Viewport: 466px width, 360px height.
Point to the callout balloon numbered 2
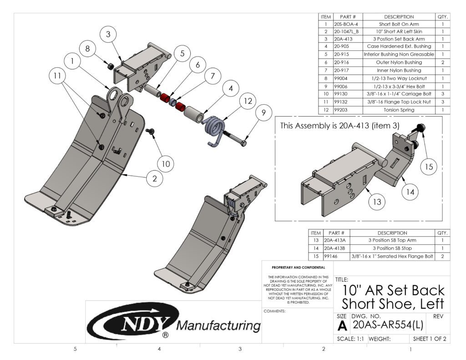154,179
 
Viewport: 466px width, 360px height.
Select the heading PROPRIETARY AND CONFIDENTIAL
298,268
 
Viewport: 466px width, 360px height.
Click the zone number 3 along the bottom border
240,349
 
